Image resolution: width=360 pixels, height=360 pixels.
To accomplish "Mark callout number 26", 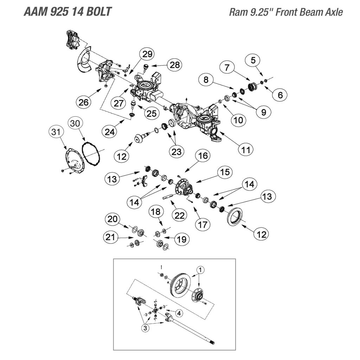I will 84,103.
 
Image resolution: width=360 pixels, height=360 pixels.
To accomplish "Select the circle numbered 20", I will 112,220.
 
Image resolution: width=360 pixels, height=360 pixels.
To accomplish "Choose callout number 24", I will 110,131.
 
